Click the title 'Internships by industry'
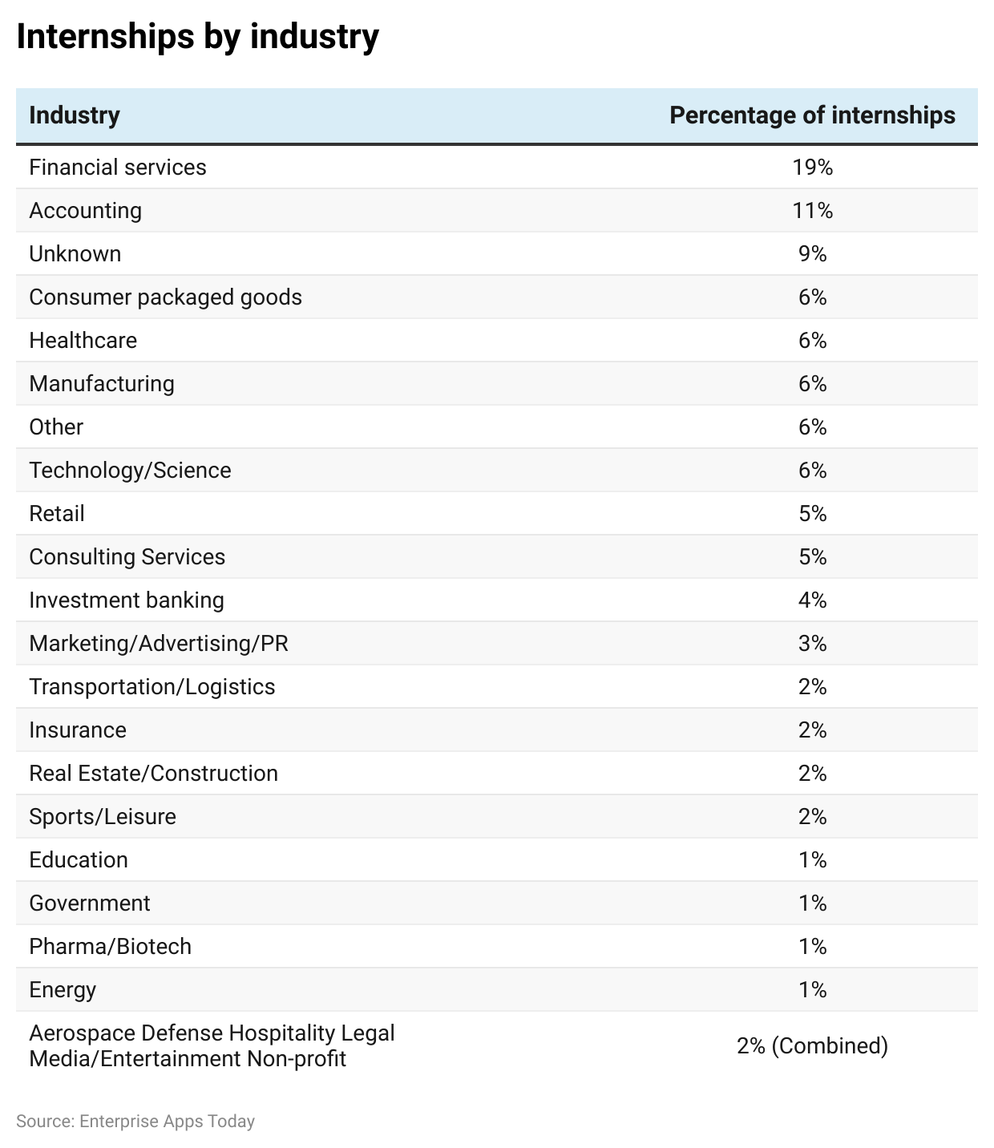coord(197,37)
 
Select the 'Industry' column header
coord(75,115)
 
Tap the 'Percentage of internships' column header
coord(812,115)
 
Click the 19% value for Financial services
coord(812,167)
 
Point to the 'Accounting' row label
coord(85,210)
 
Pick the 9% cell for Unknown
coord(812,253)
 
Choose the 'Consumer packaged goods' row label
coord(165,297)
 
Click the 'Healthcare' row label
coord(83,340)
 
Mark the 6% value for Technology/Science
coord(812,470)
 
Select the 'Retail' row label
coord(56,513)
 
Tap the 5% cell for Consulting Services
coord(812,556)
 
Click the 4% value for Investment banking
coord(812,600)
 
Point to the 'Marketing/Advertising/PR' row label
coord(159,643)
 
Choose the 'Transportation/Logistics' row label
coord(152,686)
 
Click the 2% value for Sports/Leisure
coord(812,816)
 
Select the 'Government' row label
coord(89,903)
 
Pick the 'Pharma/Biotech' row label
coord(110,946)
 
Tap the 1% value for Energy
coord(812,989)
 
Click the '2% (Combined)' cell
coord(812,1045)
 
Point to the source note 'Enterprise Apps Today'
coord(167,1121)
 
